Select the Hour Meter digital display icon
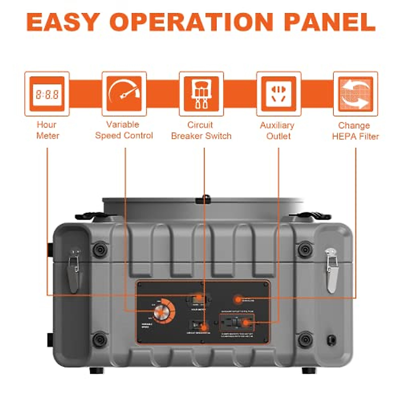(x=47, y=94)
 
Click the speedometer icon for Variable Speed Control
(x=124, y=94)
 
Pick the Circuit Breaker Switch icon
(x=201, y=94)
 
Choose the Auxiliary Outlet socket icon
(x=279, y=94)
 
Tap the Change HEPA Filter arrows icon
(x=356, y=94)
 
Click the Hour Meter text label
(x=47, y=130)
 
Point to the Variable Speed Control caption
(x=124, y=130)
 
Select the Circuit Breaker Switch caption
(x=201, y=130)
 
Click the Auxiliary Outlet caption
(x=278, y=131)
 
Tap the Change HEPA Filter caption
(x=355, y=131)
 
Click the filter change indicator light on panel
(x=238, y=299)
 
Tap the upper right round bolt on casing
(x=305, y=249)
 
